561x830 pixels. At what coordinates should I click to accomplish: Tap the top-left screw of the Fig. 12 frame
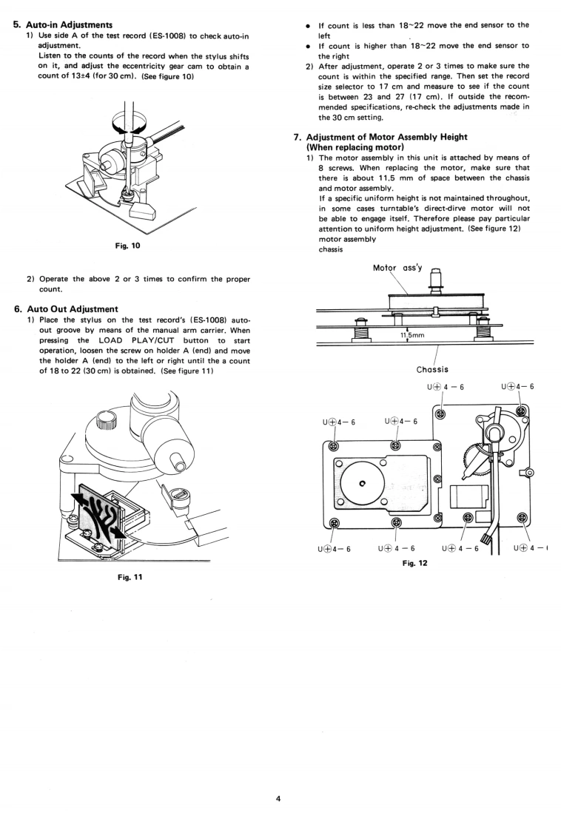(332, 447)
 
